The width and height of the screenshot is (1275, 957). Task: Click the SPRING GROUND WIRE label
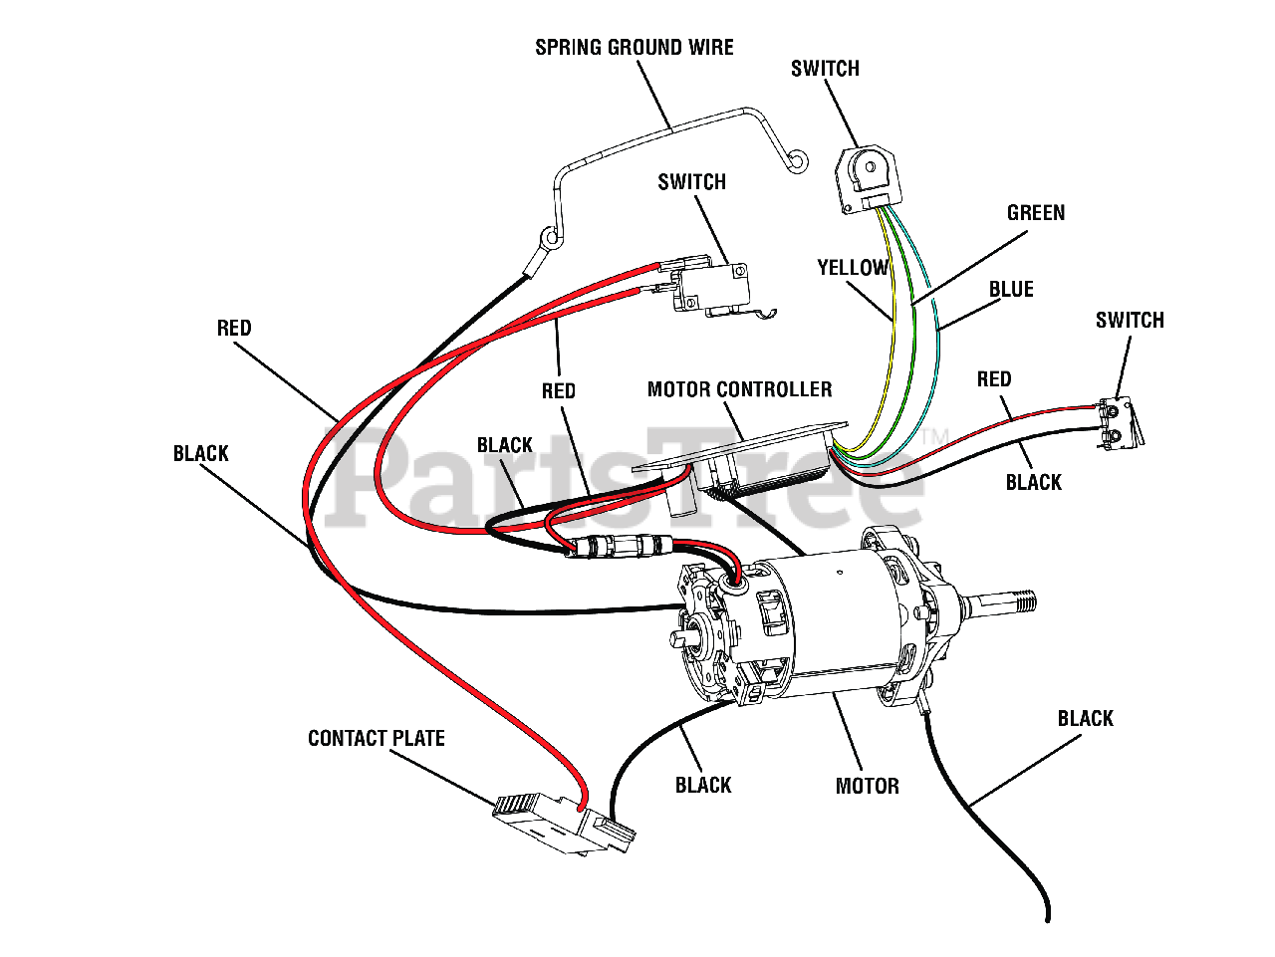(x=635, y=48)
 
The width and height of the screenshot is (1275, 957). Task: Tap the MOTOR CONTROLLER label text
(x=739, y=389)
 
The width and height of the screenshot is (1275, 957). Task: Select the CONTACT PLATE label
(x=377, y=739)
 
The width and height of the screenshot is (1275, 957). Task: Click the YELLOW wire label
(x=853, y=268)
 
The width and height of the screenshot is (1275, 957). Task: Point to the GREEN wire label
(x=1036, y=213)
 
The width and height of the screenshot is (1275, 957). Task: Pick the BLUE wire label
(x=1011, y=290)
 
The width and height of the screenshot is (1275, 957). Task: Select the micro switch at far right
(x=1122, y=420)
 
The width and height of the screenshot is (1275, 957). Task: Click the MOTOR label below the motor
(x=867, y=787)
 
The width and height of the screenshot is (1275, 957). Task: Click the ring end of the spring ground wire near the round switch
(x=796, y=161)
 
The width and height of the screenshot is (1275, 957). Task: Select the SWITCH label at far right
(x=1130, y=321)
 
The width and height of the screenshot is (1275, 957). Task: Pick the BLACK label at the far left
(x=201, y=454)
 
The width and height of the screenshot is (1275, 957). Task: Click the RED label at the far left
(x=234, y=329)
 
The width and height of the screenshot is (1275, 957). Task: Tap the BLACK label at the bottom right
(x=1085, y=719)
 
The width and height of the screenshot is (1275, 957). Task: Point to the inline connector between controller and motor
(x=618, y=547)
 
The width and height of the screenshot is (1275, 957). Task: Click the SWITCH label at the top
(x=825, y=69)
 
